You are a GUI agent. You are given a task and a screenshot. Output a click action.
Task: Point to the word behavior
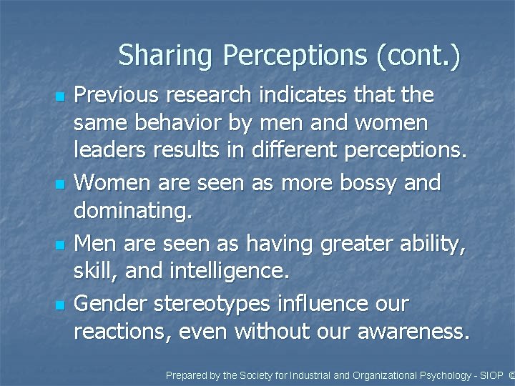coord(176,124)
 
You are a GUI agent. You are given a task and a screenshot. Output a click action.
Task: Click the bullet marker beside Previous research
coord(60,96)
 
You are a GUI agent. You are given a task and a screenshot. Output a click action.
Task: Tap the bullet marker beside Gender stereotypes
coord(60,305)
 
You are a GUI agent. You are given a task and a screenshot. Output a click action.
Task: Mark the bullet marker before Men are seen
coord(60,245)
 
